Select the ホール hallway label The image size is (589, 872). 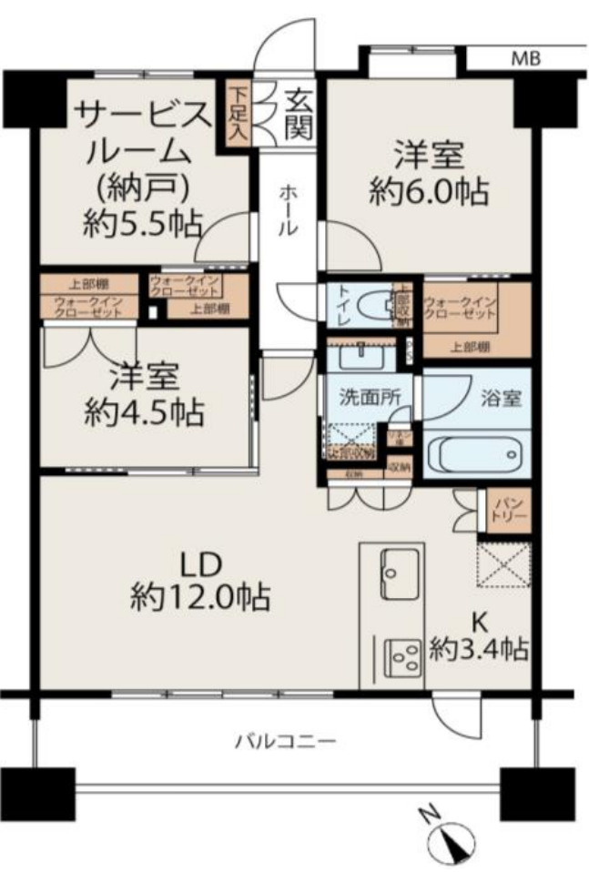pos(287,209)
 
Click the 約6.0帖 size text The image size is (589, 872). pos(428,192)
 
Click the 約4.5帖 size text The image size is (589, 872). pos(144,412)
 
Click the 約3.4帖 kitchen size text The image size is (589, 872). pos(478,649)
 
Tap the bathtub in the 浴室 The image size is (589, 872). pos(476,452)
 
